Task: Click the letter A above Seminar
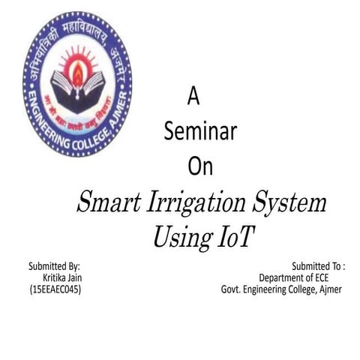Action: pos(192,96)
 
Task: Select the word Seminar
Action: pos(200,131)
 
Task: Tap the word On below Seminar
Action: pos(200,166)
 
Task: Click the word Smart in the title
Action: pos(112,203)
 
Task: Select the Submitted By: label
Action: pos(54,266)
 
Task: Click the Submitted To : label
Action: pos(318,266)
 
